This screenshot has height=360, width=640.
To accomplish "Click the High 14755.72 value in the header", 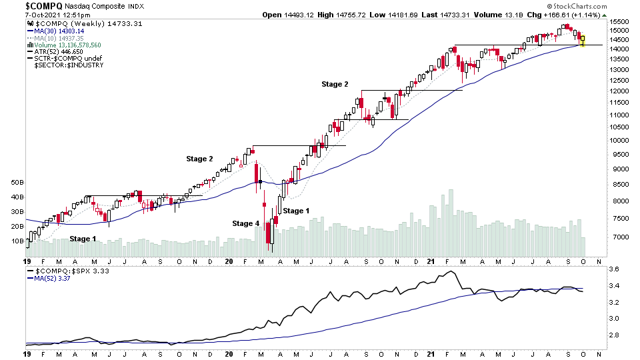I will (339, 14).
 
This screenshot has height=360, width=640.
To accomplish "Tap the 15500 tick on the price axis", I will (621, 21).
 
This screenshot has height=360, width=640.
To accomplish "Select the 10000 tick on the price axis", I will (621, 140).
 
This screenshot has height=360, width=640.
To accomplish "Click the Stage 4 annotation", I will (245, 223).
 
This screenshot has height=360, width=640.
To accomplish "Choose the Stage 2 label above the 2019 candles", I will (199, 159).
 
